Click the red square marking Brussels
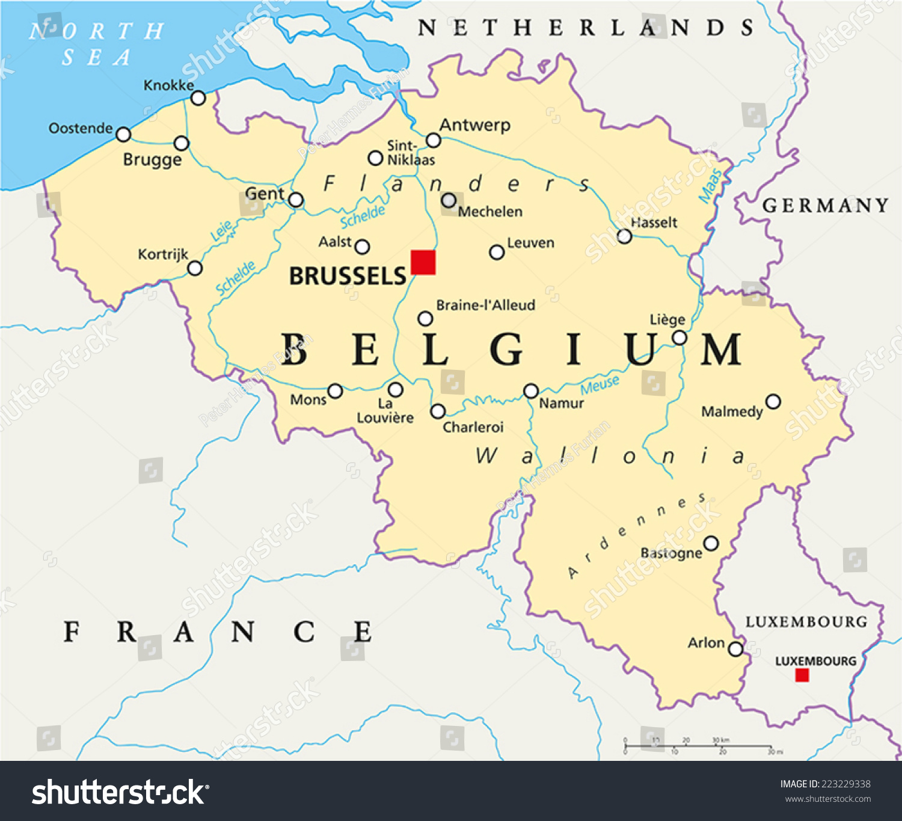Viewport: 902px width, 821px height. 423,263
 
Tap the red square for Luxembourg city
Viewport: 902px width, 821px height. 802,675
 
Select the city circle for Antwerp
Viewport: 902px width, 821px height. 433,141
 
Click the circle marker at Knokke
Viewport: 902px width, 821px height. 198,98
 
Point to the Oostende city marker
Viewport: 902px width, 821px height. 123,134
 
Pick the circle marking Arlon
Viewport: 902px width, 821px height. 735,649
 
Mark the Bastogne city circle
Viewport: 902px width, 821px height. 711,544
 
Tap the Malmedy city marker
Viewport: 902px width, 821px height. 773,401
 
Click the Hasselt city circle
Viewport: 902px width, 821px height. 625,236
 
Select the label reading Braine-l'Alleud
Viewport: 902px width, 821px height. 486,305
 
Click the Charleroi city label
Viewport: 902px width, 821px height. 473,427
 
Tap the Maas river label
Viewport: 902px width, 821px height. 710,185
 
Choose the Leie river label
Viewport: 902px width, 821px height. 222,231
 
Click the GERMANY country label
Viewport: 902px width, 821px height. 825,206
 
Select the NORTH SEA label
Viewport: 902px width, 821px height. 96,44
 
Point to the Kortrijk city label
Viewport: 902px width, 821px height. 163,254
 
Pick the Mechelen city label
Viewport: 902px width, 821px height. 490,212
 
